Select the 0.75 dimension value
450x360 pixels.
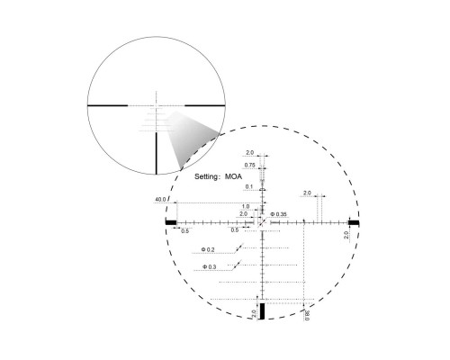(x=249, y=166)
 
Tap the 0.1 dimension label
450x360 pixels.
(x=249, y=186)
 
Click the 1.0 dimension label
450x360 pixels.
(x=245, y=206)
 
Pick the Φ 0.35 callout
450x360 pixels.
(x=279, y=214)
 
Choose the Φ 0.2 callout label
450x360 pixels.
(x=208, y=249)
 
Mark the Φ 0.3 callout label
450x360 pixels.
(x=208, y=267)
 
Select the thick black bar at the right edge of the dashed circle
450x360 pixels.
(x=354, y=221)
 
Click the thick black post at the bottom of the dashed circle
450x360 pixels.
(x=263, y=311)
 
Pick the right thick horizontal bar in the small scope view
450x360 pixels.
(x=201, y=106)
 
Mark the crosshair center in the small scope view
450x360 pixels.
(x=157, y=106)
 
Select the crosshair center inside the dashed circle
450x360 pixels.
(x=263, y=221)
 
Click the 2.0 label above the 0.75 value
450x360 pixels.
(x=249, y=154)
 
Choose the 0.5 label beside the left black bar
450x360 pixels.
(x=185, y=231)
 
